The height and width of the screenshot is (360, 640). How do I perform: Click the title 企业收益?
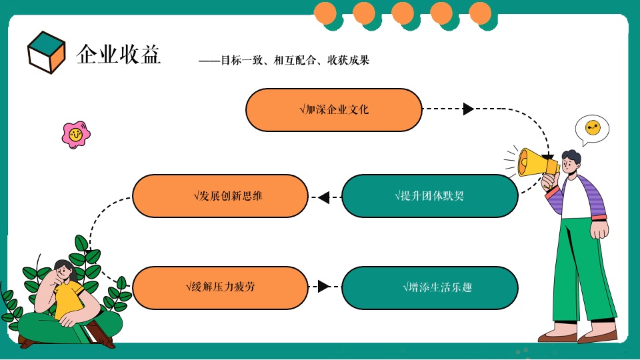(x=119, y=54)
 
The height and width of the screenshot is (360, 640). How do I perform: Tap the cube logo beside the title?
(x=46, y=52)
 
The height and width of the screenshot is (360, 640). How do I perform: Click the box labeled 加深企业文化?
(x=334, y=110)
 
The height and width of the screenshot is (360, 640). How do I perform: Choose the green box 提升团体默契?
(x=429, y=196)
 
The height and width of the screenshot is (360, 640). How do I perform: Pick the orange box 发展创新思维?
(x=220, y=196)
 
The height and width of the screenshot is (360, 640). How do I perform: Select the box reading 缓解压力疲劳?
(x=220, y=287)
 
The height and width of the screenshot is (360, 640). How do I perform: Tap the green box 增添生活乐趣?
(x=429, y=287)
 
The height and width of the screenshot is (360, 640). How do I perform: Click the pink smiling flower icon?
(x=75, y=135)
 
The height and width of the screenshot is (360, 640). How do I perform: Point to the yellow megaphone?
(x=534, y=161)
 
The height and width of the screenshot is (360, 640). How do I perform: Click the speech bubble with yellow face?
(x=592, y=128)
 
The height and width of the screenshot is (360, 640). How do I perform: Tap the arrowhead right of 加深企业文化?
(x=468, y=109)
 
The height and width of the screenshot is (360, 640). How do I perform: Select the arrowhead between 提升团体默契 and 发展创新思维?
(x=324, y=197)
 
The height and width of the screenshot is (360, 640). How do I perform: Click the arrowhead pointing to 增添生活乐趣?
(x=323, y=287)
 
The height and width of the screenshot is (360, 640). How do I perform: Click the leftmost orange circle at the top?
(x=325, y=12)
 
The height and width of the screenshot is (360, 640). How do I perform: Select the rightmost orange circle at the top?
(x=480, y=12)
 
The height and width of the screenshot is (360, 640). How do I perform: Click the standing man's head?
(x=570, y=161)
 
